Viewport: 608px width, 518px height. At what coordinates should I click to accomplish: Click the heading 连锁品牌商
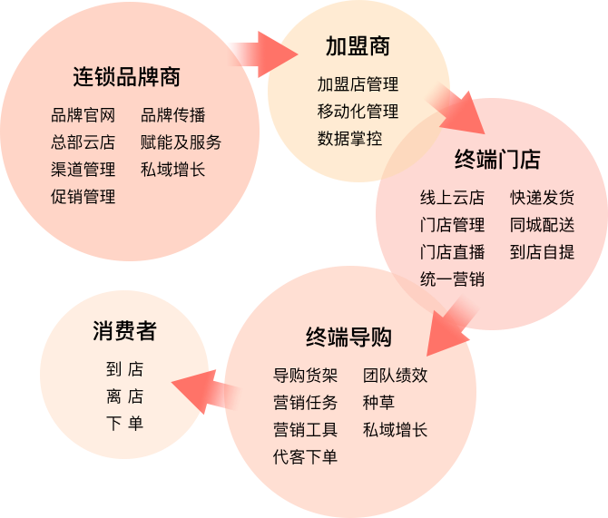point(126,77)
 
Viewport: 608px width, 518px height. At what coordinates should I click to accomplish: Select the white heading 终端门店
point(497,161)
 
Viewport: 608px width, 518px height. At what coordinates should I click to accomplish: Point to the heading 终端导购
point(348,337)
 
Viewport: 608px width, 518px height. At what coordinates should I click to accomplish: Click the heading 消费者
point(124,331)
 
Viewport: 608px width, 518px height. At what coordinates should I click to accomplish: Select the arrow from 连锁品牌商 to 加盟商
point(263,54)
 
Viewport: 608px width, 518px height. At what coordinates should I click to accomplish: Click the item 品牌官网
point(83,115)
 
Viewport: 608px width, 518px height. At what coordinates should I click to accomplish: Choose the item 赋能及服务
point(181,142)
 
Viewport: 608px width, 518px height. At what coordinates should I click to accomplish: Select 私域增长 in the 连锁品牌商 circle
point(172,170)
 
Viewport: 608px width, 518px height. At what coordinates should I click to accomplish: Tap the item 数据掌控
point(349,139)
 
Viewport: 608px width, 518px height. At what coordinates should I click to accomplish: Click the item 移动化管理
point(358,112)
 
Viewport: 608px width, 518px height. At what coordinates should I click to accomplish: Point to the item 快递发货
point(542,198)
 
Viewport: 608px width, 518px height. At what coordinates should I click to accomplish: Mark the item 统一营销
point(452,279)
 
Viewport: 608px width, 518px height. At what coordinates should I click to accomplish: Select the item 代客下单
point(305,457)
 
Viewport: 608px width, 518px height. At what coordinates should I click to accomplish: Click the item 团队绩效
point(395,376)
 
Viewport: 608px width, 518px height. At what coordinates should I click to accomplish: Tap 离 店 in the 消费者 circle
point(124,396)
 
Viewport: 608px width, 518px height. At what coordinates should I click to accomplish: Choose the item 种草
point(378,403)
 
